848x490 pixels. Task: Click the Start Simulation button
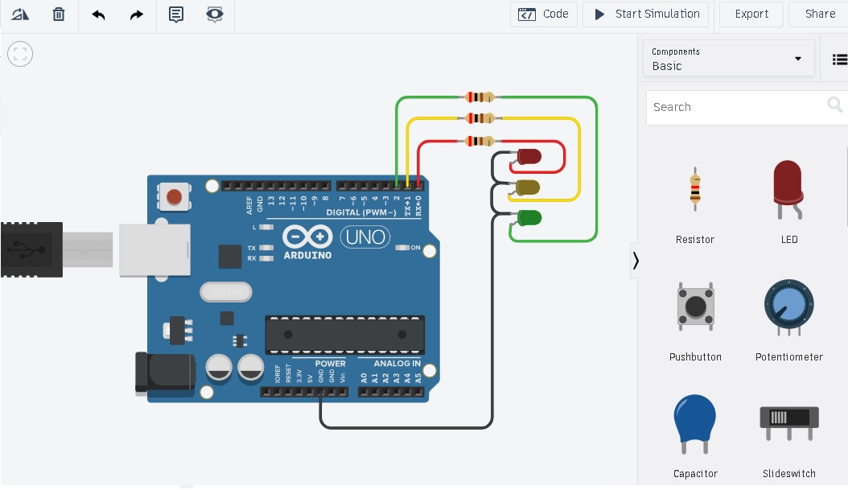tap(646, 14)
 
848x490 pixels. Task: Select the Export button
tap(751, 14)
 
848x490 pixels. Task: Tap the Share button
tap(820, 14)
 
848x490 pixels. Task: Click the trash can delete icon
tap(59, 14)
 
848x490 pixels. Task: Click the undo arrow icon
tap(98, 14)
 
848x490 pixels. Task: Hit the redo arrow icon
tap(137, 14)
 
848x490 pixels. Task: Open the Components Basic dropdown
tap(727, 59)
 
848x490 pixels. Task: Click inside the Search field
tap(736, 107)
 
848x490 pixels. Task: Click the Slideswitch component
tap(788, 421)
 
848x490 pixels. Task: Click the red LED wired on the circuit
tap(529, 156)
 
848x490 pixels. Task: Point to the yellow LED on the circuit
tap(528, 187)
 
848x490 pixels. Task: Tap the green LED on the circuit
tap(529, 217)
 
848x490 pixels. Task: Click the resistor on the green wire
tap(480, 97)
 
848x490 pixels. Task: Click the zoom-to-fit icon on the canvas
tap(20, 55)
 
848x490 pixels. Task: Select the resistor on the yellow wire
tap(480, 118)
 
